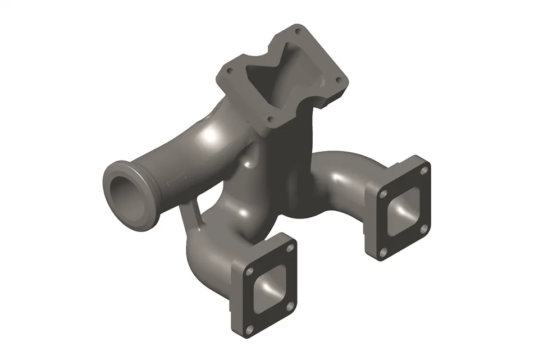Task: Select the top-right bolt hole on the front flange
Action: coord(290,247)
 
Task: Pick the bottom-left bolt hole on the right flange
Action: coord(383,253)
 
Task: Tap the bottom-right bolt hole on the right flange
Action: coord(424,227)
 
